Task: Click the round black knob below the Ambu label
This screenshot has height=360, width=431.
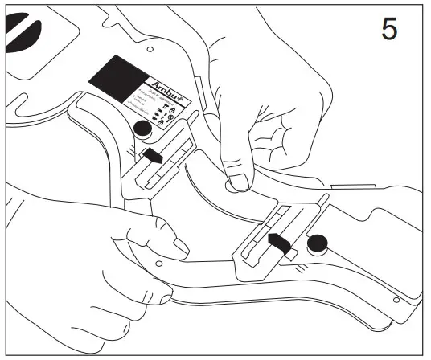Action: (143, 129)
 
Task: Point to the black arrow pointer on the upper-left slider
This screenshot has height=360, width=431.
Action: (153, 156)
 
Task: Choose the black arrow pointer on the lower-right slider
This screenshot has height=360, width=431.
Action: (278, 242)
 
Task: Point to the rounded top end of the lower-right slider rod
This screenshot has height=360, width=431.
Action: (324, 196)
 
